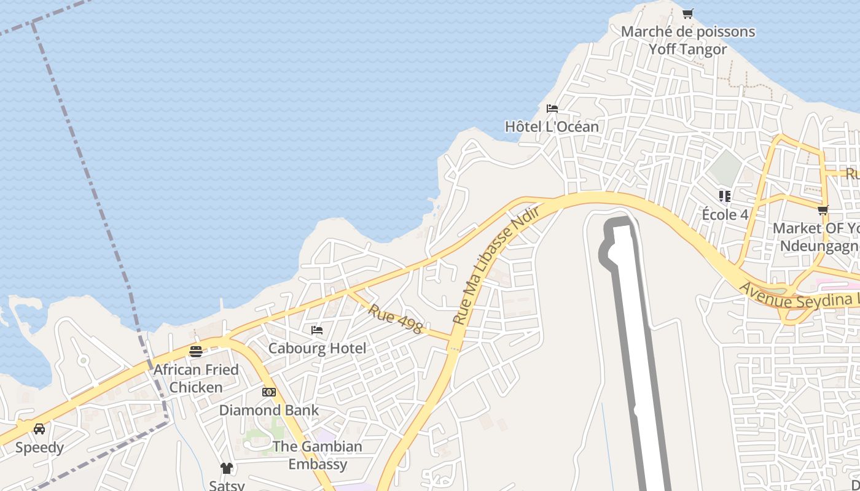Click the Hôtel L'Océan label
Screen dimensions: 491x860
552,127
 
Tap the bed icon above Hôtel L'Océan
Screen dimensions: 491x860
552,109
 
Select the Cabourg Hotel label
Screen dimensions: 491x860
317,349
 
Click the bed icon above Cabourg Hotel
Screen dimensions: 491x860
317,330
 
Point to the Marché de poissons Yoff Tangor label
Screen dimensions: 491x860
688,41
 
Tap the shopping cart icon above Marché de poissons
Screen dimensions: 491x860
688,14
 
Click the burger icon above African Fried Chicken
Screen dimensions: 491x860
196,352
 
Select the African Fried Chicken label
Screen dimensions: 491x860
196,379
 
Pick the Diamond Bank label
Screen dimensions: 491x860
269,411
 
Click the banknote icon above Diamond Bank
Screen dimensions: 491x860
269,392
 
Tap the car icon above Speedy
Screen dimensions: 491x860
39,429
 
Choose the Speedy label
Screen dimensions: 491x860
39,448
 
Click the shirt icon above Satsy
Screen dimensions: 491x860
227,468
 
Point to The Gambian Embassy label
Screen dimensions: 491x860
318,455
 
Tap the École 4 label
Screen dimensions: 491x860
725,215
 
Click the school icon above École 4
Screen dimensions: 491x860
725,196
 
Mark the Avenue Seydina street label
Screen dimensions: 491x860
799,296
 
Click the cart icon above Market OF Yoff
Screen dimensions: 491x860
823,211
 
